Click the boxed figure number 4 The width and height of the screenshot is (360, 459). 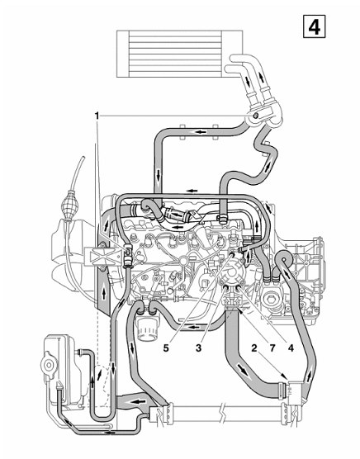click(x=314, y=27)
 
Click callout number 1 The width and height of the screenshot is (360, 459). click(x=97, y=116)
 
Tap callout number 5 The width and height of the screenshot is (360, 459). click(x=166, y=348)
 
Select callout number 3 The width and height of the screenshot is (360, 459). click(x=199, y=348)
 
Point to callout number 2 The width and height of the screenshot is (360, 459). click(x=254, y=348)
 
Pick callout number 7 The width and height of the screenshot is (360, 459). click(x=272, y=348)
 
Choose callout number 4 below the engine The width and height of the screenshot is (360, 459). click(x=291, y=348)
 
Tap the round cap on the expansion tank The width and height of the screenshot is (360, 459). click(x=48, y=364)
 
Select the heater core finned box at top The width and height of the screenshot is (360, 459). click(x=180, y=54)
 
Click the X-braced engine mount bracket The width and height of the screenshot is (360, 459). click(x=103, y=257)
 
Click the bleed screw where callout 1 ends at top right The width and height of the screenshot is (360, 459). click(x=255, y=116)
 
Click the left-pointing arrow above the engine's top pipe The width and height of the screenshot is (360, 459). click(x=192, y=191)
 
